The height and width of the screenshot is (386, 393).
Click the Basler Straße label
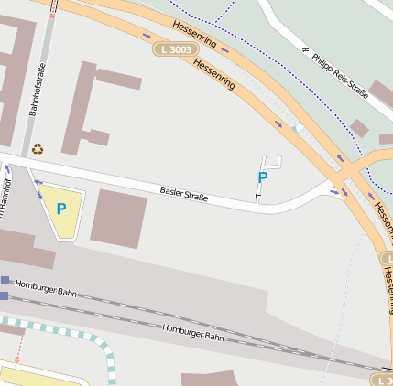pyautogui.click(x=184, y=194)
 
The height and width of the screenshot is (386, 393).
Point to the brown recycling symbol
pyautogui.click(x=38, y=148)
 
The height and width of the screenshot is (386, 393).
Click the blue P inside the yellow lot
pyautogui.click(x=61, y=209)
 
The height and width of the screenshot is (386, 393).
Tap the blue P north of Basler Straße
pyautogui.click(x=263, y=177)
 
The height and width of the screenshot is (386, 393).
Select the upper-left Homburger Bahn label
pyautogui.click(x=46, y=288)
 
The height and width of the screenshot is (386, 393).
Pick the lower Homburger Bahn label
pyautogui.click(x=192, y=331)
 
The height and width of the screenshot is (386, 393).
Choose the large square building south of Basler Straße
pyautogui.click(x=118, y=219)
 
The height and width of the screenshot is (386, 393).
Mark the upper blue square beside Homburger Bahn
pyautogui.click(x=5, y=281)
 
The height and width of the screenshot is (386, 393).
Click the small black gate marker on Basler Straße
pyautogui.click(x=257, y=196)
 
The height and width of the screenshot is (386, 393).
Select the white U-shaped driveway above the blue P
pyautogui.click(x=271, y=162)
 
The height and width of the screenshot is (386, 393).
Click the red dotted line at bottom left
pyautogui.click(x=16, y=346)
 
